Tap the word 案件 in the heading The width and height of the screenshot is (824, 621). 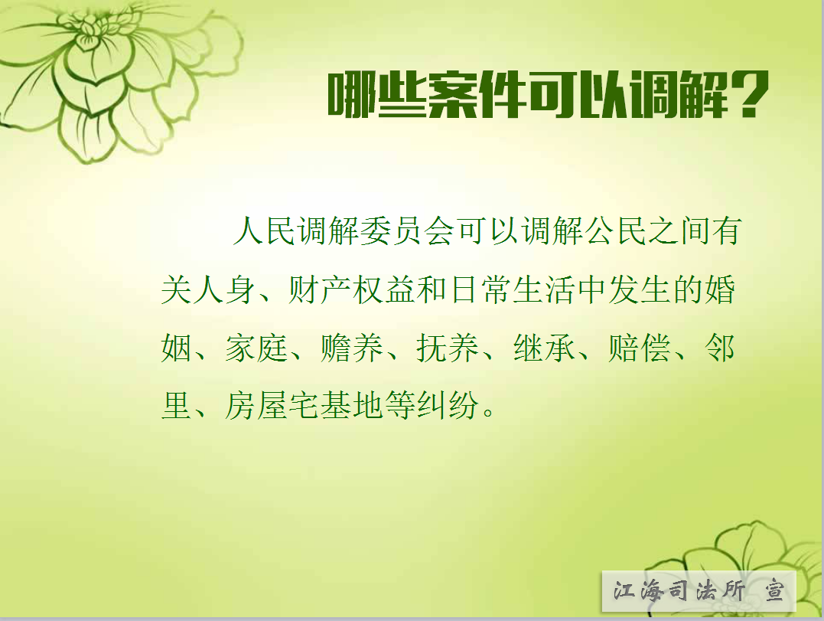(x=477, y=95)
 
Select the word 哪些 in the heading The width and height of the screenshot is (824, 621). (x=377, y=95)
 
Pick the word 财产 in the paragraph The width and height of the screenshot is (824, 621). (x=320, y=289)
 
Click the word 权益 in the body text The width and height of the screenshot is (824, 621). (x=383, y=289)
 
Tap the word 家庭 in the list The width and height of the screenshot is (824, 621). (x=256, y=348)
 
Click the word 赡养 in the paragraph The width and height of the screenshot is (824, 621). (x=352, y=348)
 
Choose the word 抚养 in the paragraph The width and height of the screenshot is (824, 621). (x=448, y=348)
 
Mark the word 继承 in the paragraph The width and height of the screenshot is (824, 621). (x=545, y=348)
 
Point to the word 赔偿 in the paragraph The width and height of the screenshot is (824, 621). (x=640, y=348)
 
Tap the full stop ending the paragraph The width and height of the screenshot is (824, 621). (x=488, y=412)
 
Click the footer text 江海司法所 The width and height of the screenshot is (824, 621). (x=679, y=591)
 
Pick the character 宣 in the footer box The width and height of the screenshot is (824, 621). (x=774, y=591)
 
